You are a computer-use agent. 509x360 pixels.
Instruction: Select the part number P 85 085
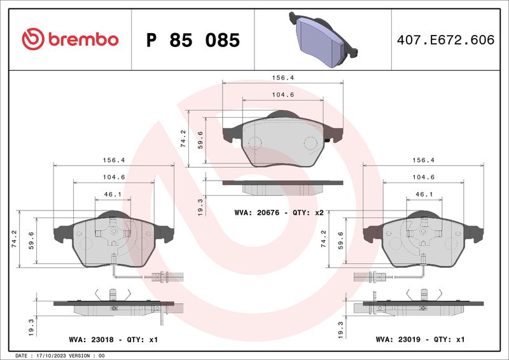193,40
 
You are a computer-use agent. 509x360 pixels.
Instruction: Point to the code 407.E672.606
445,40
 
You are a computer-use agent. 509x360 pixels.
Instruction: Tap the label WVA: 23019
401,340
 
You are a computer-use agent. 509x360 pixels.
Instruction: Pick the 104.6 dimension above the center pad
282,94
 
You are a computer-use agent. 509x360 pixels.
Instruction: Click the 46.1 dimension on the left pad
113,194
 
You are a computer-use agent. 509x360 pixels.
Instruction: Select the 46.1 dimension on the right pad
424,194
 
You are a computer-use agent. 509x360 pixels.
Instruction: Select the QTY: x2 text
309,212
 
